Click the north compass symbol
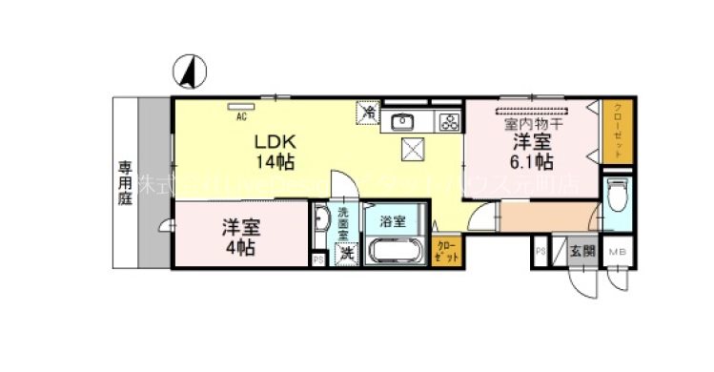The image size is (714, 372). (188, 69)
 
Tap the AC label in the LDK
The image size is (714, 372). (241, 116)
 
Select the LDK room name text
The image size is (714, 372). (273, 141)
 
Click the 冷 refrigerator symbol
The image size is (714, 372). (367, 112)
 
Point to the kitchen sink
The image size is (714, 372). (403, 120)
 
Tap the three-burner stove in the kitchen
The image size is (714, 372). (447, 120)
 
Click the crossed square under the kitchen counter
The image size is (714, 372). (414, 150)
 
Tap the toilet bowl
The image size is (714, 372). (617, 198)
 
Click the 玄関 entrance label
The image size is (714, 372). (581, 252)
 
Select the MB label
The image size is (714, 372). (617, 252)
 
